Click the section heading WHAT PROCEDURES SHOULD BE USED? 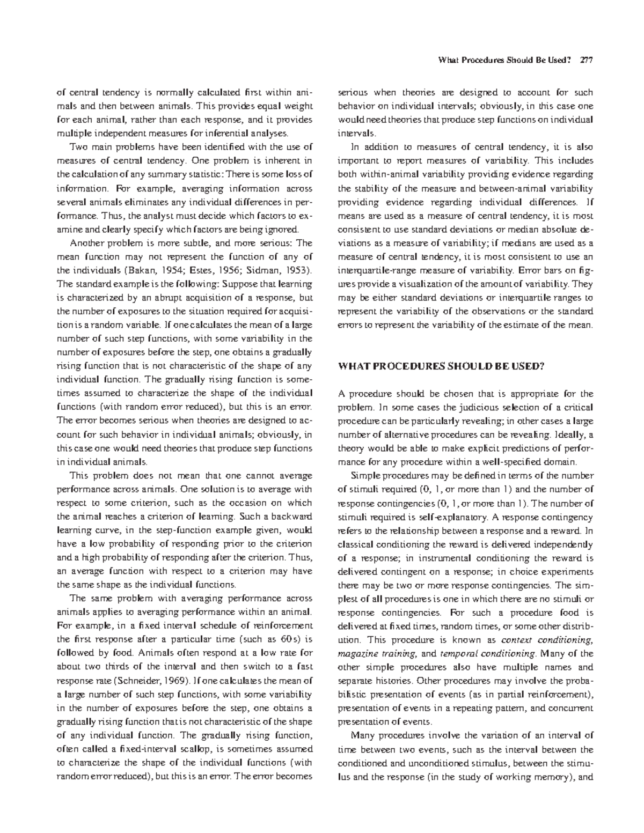(x=441, y=367)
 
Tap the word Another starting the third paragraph (x=89, y=242)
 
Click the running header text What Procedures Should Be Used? (x=504, y=60)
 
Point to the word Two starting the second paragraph (x=78, y=146)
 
